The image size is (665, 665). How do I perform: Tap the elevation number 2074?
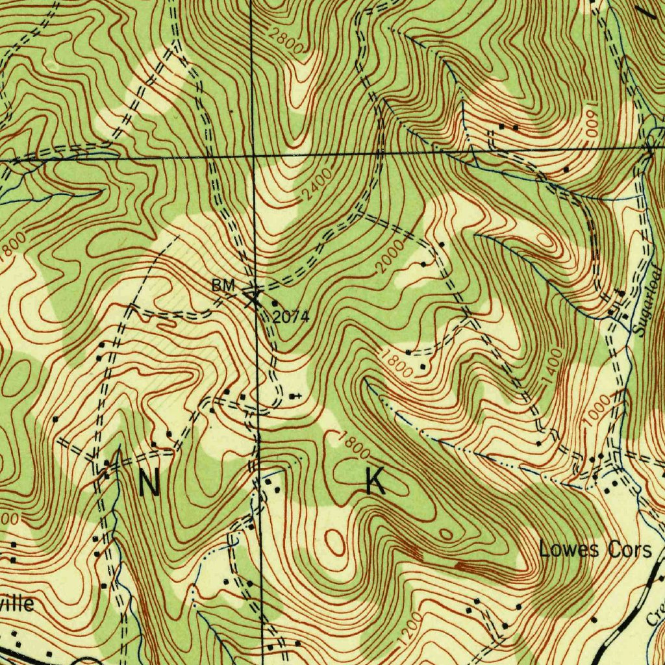tap(290, 317)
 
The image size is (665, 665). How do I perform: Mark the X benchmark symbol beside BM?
tap(252, 297)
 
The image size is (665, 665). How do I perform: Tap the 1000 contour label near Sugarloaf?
tap(596, 411)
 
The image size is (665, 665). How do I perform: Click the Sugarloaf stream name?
tap(647, 300)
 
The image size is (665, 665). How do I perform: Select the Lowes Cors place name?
tap(595, 550)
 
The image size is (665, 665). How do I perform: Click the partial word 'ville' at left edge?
tap(17, 603)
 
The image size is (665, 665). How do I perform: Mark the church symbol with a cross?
tap(296, 395)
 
